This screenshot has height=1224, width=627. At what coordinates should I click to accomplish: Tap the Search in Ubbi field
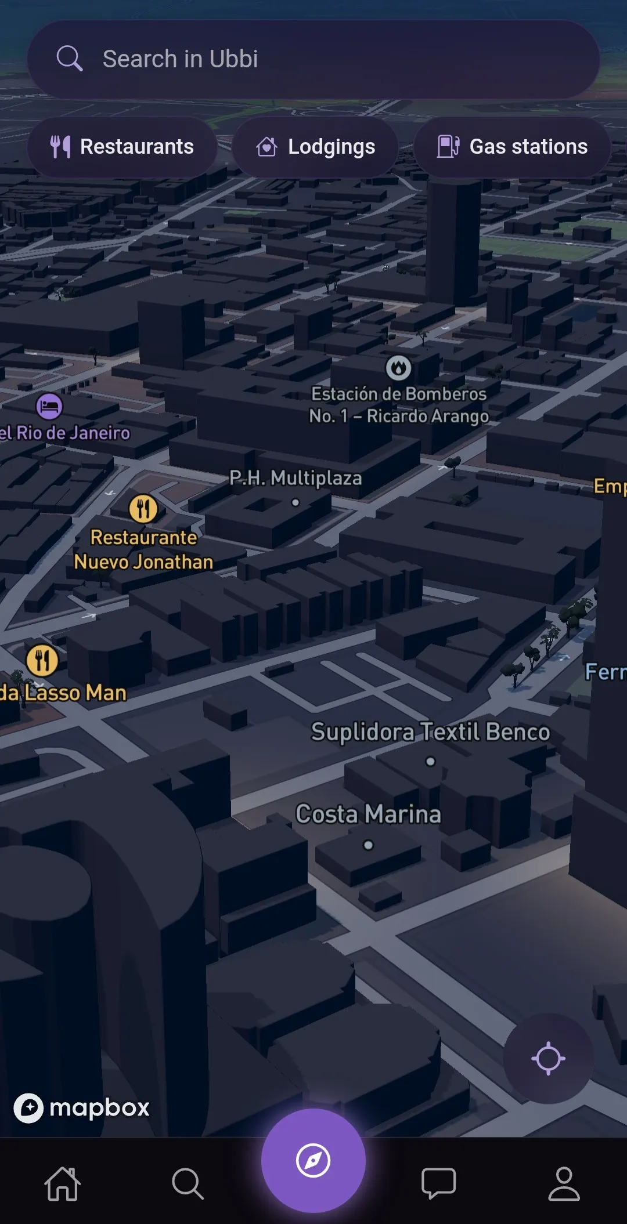pos(313,59)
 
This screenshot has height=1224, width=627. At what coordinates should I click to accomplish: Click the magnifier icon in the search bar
pos(70,59)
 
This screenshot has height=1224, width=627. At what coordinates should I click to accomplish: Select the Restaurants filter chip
pos(122,147)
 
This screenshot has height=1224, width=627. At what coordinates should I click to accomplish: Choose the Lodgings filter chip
pos(315,147)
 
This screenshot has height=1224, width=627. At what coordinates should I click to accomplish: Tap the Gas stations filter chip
pos(512,147)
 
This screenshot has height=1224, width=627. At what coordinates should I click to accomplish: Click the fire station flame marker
pos(398,368)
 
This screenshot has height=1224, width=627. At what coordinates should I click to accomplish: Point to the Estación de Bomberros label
pos(399,405)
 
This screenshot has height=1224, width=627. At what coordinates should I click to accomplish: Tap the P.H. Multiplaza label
pos(296,479)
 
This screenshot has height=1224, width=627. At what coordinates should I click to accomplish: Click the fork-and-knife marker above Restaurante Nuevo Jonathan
pos(143,509)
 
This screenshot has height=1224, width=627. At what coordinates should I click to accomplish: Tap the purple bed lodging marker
pos(49,406)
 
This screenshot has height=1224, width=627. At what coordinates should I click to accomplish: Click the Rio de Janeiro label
pos(65,433)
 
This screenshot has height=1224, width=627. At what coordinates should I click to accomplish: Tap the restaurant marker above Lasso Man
pos(42,660)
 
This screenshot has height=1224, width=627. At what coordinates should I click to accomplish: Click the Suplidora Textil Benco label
pos(430,732)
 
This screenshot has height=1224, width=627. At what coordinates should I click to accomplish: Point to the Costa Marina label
pos(368,814)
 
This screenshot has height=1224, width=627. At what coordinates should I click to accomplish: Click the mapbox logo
pos(81,1108)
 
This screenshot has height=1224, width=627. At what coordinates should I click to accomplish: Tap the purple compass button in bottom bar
pos(313,1160)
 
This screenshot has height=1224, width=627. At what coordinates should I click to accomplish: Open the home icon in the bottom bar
pos(63,1183)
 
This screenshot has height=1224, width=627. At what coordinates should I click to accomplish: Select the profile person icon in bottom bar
pos(564,1183)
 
